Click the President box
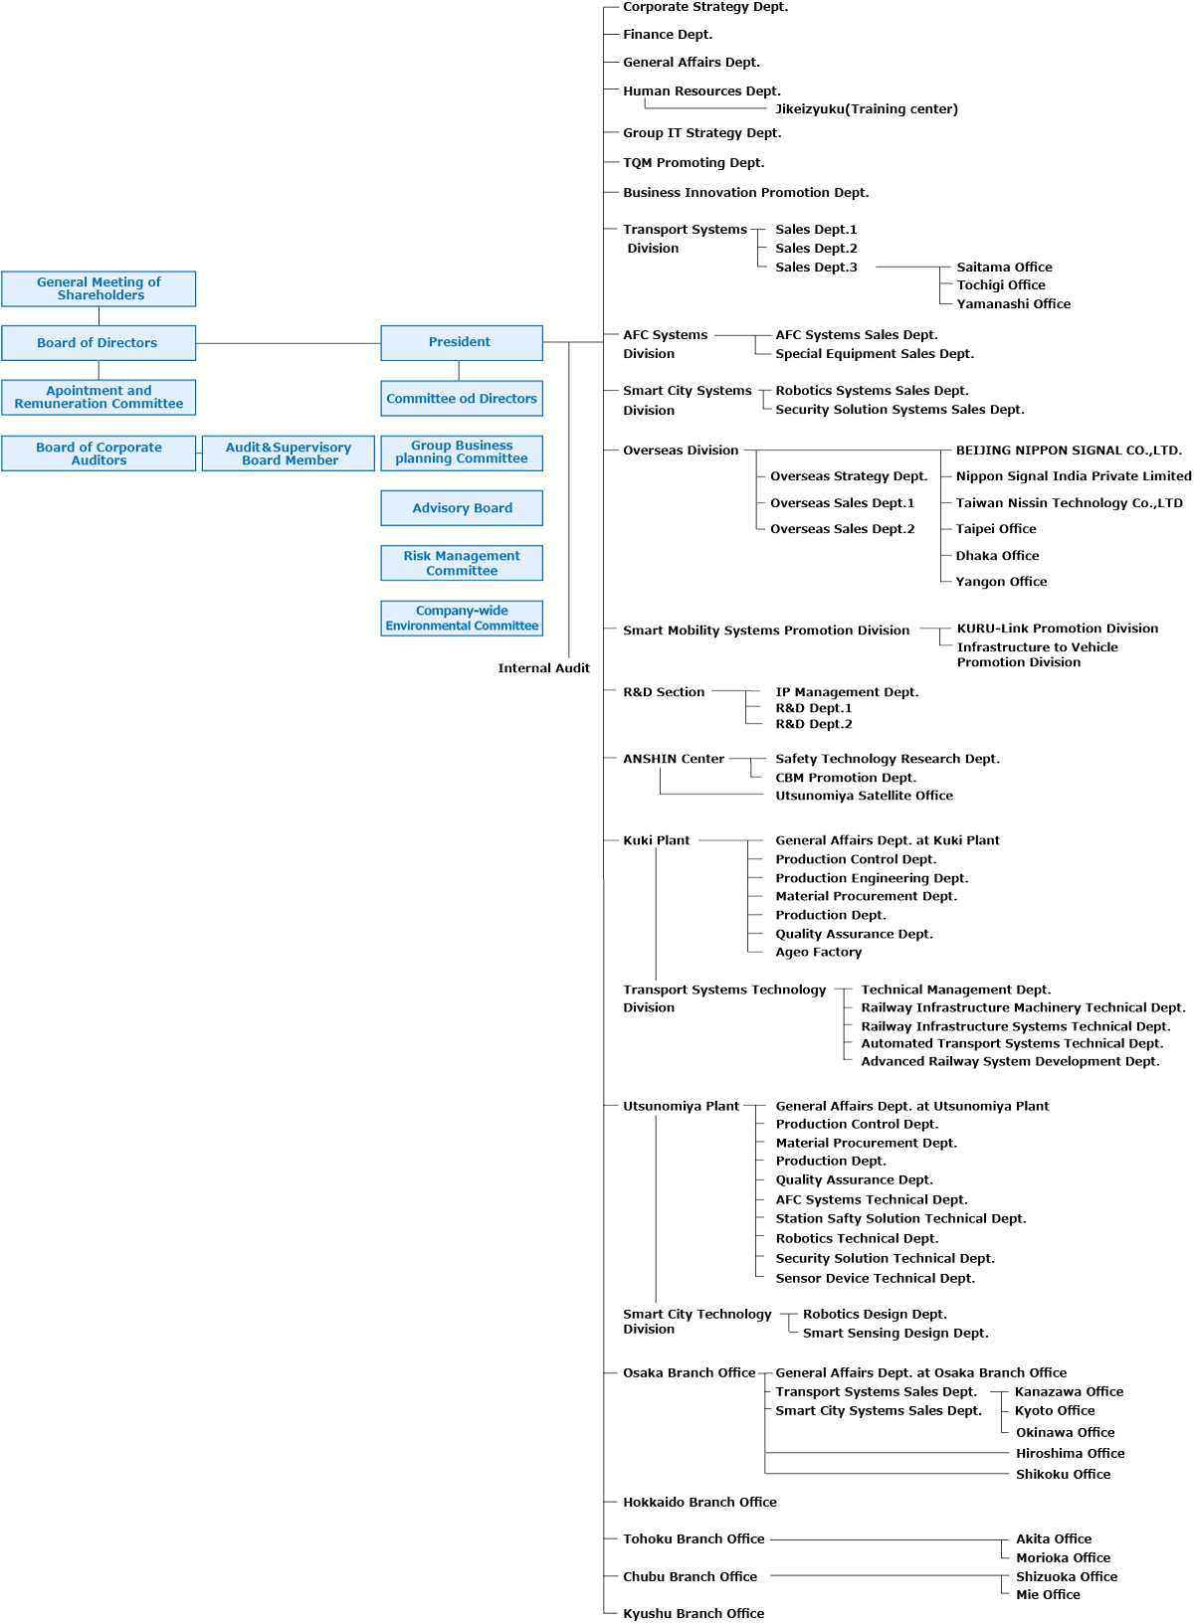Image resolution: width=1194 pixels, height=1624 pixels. [462, 342]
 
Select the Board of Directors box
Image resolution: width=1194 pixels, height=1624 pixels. [99, 342]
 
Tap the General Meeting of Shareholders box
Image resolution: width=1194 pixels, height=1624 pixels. [99, 288]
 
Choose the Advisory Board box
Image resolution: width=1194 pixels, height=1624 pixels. [462, 507]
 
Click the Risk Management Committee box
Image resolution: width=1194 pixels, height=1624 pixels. [462, 563]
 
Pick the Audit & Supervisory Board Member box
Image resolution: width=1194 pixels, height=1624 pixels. [288, 453]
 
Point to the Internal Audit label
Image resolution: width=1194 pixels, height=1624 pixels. [543, 667]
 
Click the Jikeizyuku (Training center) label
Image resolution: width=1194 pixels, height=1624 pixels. [866, 108]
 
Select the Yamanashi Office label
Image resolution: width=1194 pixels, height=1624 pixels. [1013, 303]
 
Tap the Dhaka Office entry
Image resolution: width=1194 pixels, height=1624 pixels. [997, 555]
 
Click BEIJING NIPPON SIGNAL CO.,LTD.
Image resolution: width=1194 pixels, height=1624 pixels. [1069, 451]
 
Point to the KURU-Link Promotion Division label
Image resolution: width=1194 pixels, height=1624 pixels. [1057, 629]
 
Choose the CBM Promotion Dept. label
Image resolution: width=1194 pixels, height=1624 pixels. [846, 778]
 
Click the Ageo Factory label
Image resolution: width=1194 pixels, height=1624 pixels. [818, 952]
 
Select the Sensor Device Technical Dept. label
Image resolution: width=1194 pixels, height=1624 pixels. [875, 1278]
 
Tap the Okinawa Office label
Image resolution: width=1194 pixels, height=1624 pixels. [1065, 1432]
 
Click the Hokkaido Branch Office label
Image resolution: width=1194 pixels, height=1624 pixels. [699, 1503]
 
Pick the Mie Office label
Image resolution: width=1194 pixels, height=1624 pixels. [1048, 1594]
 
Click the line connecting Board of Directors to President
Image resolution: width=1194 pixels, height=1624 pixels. [288, 343]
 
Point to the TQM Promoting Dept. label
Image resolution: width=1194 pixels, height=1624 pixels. [694, 162]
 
